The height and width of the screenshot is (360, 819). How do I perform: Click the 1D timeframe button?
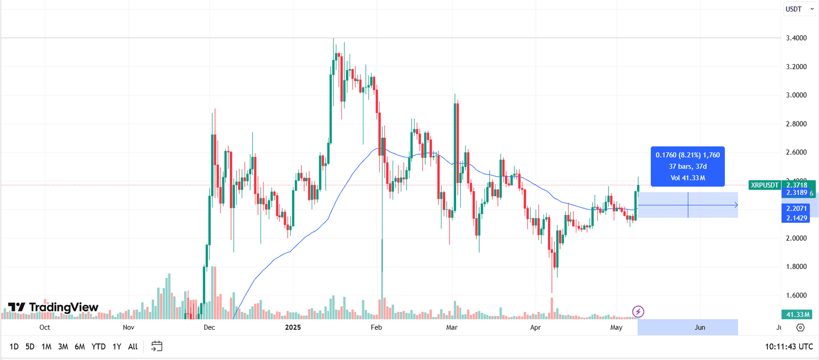tap(14, 347)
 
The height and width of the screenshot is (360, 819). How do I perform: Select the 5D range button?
tap(30, 347)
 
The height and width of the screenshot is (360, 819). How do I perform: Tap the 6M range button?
tap(79, 347)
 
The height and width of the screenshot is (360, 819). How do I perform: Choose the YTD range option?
tap(98, 347)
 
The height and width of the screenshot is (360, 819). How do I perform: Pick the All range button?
tap(133, 347)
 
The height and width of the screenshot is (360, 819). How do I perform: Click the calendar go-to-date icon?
tap(157, 347)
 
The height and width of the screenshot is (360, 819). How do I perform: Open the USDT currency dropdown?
tap(799, 9)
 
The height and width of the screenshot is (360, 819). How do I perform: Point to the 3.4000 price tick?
tap(796, 38)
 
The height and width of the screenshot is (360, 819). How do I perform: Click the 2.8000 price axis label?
tap(796, 124)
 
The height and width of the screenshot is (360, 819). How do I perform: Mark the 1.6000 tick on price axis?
tap(796, 295)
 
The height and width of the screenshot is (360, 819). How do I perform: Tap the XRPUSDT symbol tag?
tap(765, 185)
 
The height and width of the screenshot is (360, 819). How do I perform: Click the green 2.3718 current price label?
tap(797, 185)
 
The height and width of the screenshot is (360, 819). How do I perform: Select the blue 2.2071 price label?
tap(796, 208)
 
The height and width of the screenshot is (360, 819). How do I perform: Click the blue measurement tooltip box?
tap(687, 166)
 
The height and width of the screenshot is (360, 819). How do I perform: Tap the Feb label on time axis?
tap(376, 327)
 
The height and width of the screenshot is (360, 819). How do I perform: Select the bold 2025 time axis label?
tap(293, 327)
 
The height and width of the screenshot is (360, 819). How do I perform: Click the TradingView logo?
tap(53, 307)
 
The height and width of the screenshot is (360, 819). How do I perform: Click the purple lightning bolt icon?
tap(638, 311)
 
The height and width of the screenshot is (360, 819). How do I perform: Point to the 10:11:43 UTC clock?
tap(789, 347)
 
